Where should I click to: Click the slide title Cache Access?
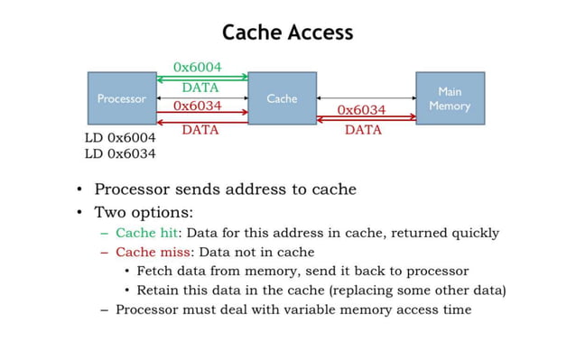(x=287, y=33)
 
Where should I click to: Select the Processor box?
(x=121, y=98)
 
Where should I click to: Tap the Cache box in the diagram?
(x=282, y=98)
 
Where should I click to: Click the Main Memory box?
(x=450, y=98)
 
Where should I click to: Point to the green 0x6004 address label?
(x=198, y=67)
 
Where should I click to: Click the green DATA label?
(x=200, y=88)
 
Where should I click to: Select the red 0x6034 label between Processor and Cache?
(x=198, y=106)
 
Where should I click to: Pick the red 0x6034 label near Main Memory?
(x=361, y=110)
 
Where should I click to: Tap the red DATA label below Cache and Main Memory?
(x=363, y=130)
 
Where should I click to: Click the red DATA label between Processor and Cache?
(x=200, y=130)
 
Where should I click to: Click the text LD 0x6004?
(x=120, y=137)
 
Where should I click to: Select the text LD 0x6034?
(x=120, y=153)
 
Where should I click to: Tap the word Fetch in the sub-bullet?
(x=155, y=271)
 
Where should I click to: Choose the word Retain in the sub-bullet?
(x=159, y=290)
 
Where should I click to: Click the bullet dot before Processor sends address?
(x=80, y=190)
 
